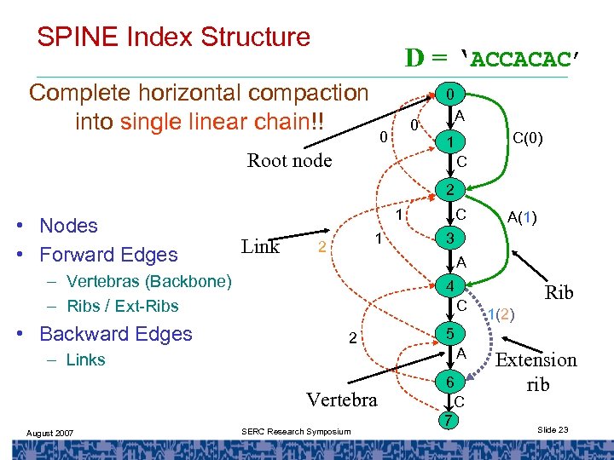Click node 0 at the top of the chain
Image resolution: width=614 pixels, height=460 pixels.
tap(449, 92)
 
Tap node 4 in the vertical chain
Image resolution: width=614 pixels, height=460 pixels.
tap(449, 285)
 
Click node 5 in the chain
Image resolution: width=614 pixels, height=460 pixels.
tap(449, 333)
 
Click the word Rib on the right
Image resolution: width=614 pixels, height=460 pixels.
tap(559, 292)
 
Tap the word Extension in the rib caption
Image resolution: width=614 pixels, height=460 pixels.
tap(537, 359)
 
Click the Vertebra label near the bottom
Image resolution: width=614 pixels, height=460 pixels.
tap(341, 399)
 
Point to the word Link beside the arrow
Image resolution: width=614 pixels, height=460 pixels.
tap(260, 246)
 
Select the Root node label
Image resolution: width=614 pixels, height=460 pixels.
tap(289, 160)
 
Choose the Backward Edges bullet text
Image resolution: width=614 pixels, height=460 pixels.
tap(116, 334)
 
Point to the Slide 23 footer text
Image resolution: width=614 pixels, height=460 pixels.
tap(553, 430)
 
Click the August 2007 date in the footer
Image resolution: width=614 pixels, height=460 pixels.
tap(49, 434)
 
